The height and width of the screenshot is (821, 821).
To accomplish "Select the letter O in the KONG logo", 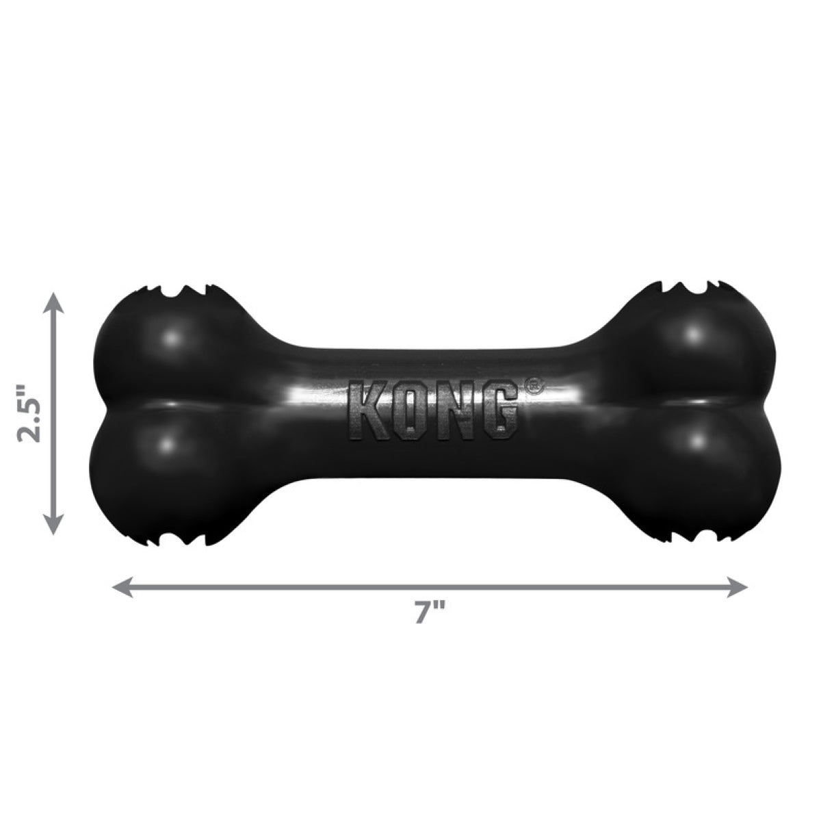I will (x=410, y=413).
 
